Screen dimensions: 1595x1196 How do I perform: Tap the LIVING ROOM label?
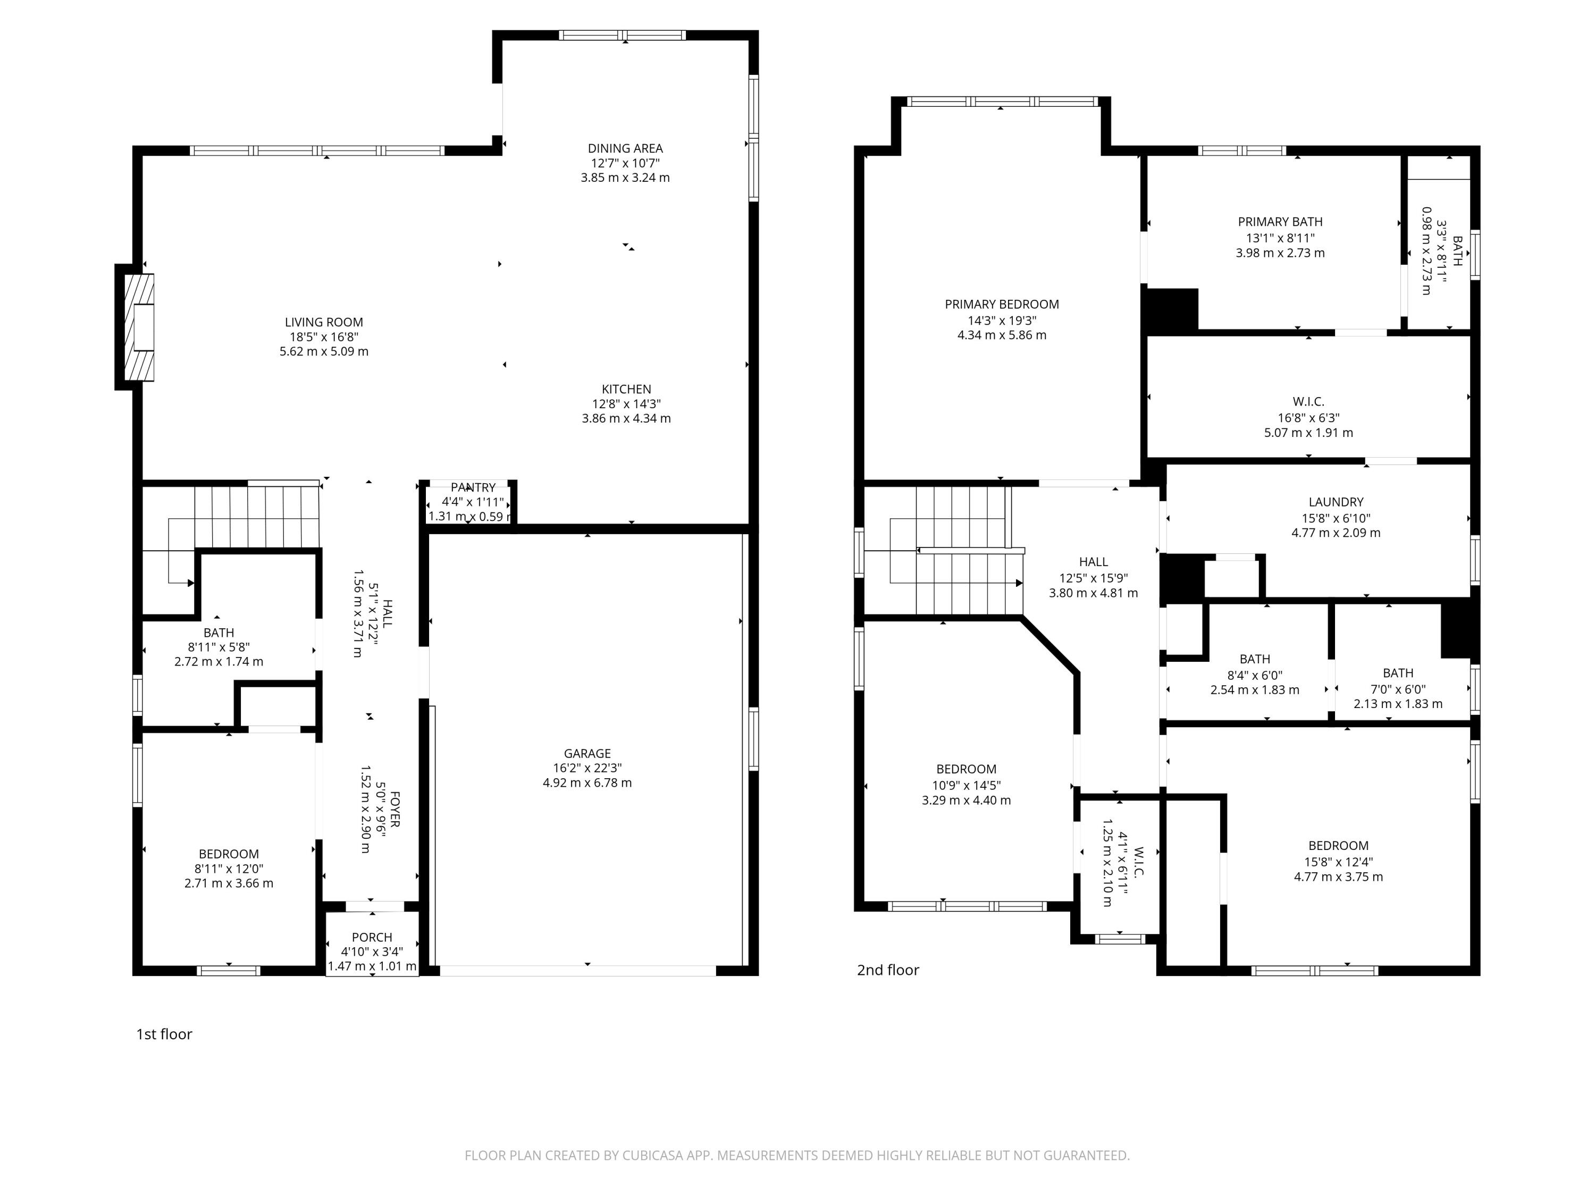coord(324,322)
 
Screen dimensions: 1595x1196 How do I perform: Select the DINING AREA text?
coord(625,148)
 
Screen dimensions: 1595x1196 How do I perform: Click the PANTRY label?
coord(473,487)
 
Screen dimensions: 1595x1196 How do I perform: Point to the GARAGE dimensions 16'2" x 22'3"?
coord(587,768)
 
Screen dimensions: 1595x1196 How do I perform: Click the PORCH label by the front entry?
coord(372,937)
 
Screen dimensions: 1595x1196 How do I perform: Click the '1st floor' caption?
coord(164,1034)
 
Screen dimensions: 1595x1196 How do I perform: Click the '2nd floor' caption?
coord(888,970)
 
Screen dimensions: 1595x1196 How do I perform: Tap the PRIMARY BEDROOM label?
coord(1002,304)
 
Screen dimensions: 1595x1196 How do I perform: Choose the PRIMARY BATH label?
coord(1280,222)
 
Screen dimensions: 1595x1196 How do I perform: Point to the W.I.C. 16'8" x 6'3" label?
coord(1308,401)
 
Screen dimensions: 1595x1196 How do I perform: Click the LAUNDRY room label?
coord(1336,502)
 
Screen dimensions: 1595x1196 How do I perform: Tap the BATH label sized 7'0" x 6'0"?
coord(1397,672)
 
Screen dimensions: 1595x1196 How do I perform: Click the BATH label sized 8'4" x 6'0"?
coord(1255,659)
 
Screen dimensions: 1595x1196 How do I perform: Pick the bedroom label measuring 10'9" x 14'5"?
coord(966,769)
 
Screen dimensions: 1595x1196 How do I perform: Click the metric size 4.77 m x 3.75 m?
coord(1338,877)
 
